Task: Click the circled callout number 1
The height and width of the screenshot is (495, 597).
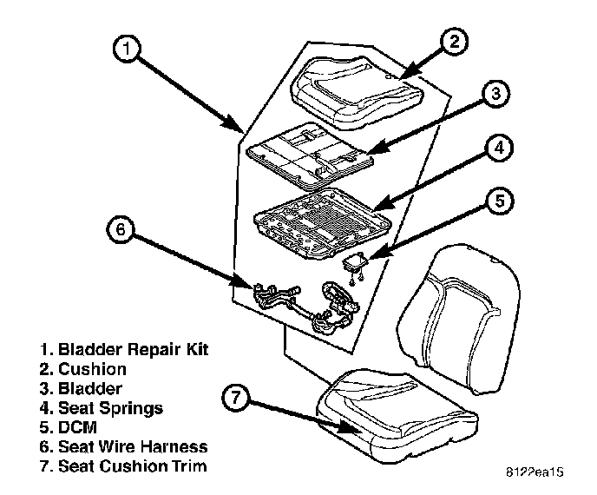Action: pos(127,50)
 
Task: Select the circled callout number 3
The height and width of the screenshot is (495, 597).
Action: pos(493,96)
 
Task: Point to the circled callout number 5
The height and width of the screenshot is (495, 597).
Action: pos(498,203)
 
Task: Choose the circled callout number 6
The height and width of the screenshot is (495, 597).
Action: pos(121,231)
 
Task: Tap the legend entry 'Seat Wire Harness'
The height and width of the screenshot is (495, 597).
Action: pos(123,446)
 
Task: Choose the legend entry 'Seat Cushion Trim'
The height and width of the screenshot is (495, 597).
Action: pos(123,466)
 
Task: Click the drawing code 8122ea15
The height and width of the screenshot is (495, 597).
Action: pos(533,475)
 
